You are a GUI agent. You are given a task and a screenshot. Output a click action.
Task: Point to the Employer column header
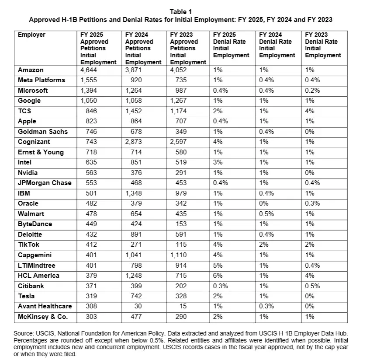[x=31, y=35]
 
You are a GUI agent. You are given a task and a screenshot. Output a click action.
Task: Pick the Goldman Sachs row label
[x=43, y=132]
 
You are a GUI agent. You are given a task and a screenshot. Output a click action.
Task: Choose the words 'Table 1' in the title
[x=180, y=12]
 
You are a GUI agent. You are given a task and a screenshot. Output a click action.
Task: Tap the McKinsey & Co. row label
[x=43, y=316]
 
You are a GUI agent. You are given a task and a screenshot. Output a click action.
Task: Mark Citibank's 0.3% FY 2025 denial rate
[x=220, y=286]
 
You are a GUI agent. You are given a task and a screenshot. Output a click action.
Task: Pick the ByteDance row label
[x=35, y=224]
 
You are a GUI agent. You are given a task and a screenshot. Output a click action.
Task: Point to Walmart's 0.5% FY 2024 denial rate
[x=266, y=214]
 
